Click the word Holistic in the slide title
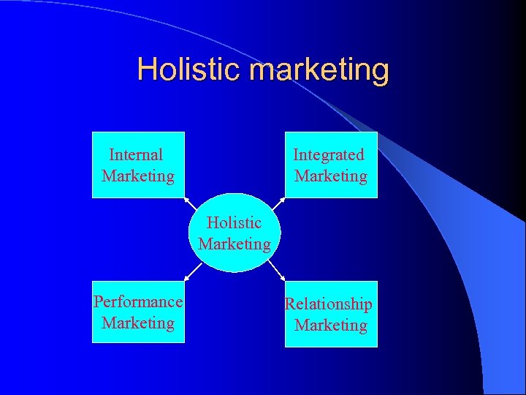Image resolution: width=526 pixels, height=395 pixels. coord(189,69)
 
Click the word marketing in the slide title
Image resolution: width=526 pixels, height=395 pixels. coord(319,70)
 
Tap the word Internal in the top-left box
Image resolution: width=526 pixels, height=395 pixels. coord(136,154)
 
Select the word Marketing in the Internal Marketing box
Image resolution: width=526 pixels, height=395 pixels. coord(138,176)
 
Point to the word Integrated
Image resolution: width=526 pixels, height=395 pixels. coord(329,154)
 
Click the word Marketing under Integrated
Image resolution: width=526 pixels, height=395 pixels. coord(331,176)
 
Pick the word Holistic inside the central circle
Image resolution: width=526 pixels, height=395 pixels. coord(234,222)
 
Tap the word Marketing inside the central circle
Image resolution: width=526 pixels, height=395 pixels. coord(235,244)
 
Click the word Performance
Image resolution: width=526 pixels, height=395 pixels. coord(138,301)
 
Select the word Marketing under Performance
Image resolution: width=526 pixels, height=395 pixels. coord(138,323)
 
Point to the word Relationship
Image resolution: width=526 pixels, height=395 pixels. coord(328,304)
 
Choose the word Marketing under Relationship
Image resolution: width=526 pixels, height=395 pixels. coord(331,325)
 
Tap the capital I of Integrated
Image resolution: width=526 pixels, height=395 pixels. coord(296,154)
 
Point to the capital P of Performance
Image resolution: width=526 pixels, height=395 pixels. coord(97,301)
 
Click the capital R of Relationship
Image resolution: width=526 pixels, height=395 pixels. coord(289,304)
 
